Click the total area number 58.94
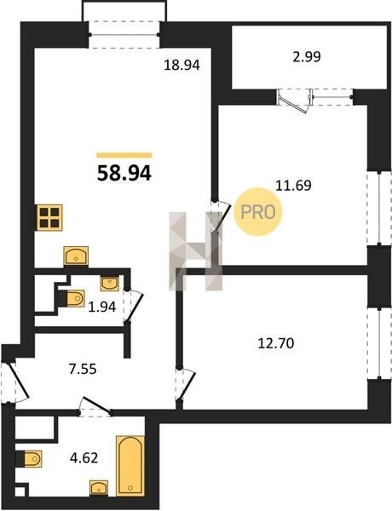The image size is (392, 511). [x=124, y=174]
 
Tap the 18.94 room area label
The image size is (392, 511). [x=182, y=66]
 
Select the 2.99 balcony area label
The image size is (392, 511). [x=307, y=57]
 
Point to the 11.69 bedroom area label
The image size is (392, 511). [x=293, y=186]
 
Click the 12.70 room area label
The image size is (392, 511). [x=276, y=343]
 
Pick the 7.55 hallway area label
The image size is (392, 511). [x=83, y=370]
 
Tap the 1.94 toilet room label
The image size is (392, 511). [x=102, y=307]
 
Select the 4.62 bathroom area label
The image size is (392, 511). [x=84, y=458]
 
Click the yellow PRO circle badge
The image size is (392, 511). [x=258, y=212]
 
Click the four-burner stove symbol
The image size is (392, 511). [x=49, y=218]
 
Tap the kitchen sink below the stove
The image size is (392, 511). [x=76, y=255]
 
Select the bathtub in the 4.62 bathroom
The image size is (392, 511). [x=130, y=466]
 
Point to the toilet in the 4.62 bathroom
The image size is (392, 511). [x=32, y=459]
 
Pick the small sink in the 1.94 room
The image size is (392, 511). [x=110, y=284]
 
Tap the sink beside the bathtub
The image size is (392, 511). [x=99, y=488]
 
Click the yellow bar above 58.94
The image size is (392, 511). [x=124, y=155]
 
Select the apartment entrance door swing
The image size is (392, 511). [x=17, y=382]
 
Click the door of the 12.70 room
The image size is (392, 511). [x=187, y=385]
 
